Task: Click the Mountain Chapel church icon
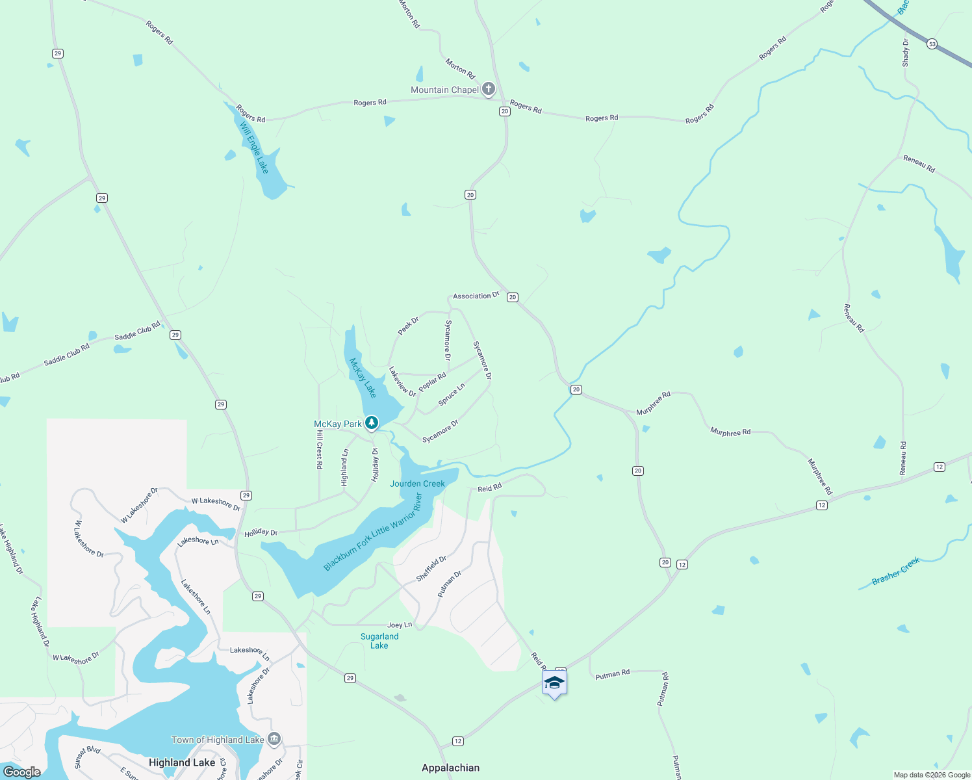(489, 89)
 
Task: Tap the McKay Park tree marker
(371, 423)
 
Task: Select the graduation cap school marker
(554, 682)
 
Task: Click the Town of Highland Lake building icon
(274, 739)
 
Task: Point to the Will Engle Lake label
(254, 148)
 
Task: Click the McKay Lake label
(363, 378)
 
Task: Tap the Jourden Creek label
(417, 484)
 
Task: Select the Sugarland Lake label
(379, 641)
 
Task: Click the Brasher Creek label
(896, 571)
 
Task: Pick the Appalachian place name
(450, 768)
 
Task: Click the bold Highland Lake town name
(182, 762)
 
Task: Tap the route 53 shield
(932, 44)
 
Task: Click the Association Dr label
(476, 296)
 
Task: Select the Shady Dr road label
(906, 53)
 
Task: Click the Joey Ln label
(400, 625)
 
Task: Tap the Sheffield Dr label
(431, 569)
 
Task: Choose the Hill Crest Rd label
(319, 449)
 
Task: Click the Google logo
(21, 772)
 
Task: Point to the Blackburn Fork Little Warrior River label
(373, 532)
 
